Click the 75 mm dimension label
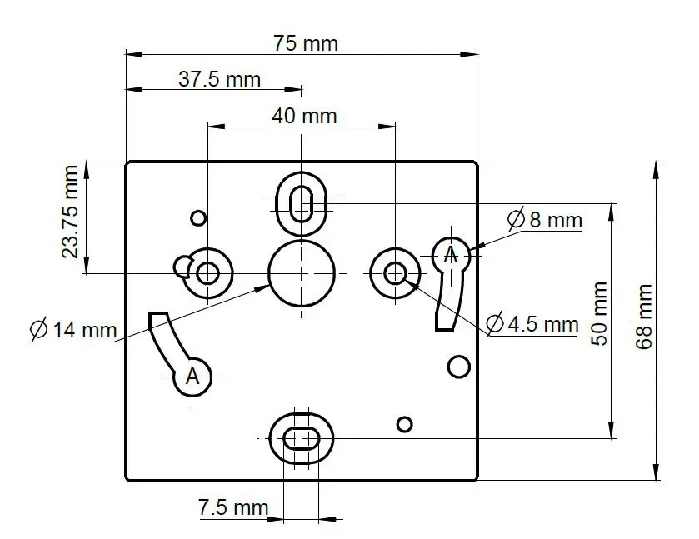click(306, 43)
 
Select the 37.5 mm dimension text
click(219, 79)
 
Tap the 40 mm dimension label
click(304, 116)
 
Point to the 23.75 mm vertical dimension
click(72, 212)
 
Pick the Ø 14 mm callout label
click(72, 329)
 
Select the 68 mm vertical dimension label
click(644, 317)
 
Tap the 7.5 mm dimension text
click(233, 507)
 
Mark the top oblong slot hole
click(302, 201)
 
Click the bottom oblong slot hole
click(301, 437)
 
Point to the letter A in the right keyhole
click(451, 254)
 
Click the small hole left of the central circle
click(207, 272)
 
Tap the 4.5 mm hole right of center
click(395, 272)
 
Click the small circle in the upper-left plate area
click(197, 218)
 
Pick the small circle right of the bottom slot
click(404, 424)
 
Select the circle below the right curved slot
click(457, 366)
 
